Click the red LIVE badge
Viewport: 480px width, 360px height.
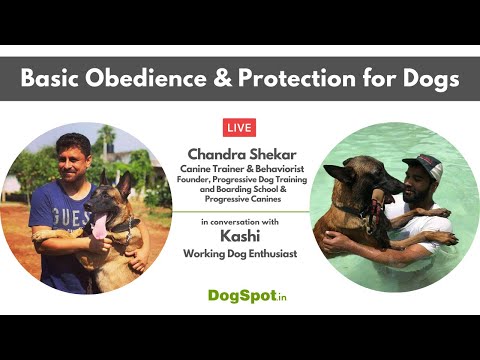coord(240,128)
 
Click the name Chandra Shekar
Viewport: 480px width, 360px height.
coord(240,152)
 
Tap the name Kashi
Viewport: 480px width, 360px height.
coord(240,239)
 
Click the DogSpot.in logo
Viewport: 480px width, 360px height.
coord(240,295)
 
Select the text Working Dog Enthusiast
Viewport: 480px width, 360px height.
coord(240,255)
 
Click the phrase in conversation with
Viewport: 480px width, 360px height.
coord(240,221)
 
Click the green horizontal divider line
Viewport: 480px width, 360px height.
coord(240,211)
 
